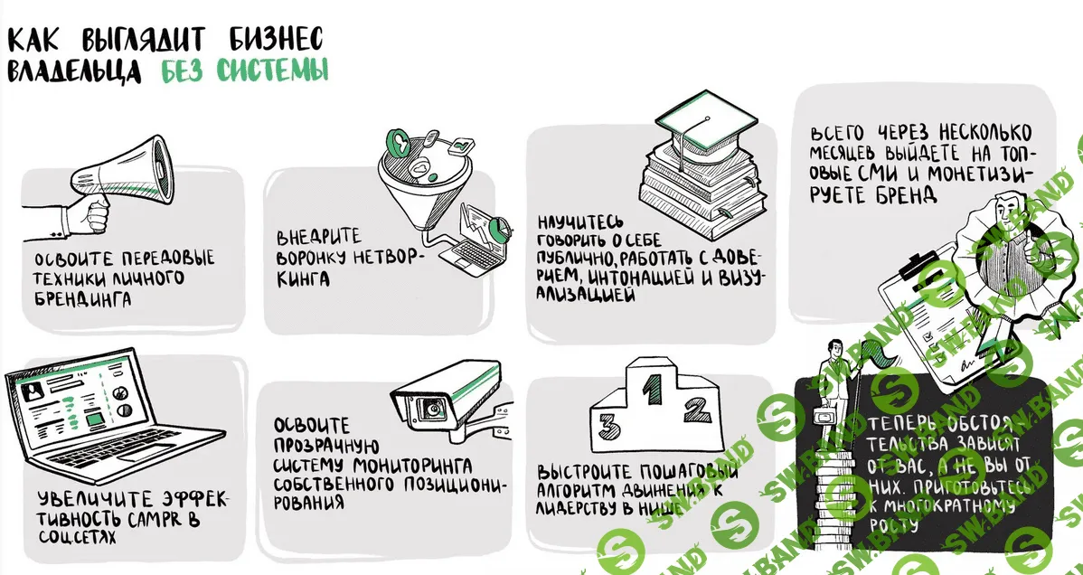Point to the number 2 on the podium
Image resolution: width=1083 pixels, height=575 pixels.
[x=694, y=411]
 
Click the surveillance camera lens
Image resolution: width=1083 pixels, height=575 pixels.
[x=433, y=409]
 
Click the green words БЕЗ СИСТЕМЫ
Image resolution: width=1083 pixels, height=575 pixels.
[x=245, y=71]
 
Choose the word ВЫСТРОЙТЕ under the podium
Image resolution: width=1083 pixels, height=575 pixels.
[x=583, y=471]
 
